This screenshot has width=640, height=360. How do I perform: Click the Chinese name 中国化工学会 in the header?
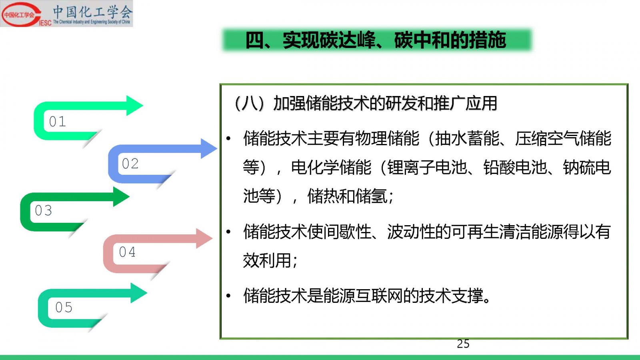pyautogui.click(x=93, y=12)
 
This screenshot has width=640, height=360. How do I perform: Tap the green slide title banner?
pyautogui.click(x=377, y=40)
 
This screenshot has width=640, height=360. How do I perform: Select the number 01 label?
pyautogui.click(x=58, y=122)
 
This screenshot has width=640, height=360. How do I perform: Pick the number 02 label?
pyautogui.click(x=130, y=164)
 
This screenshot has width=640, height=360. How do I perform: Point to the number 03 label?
pyautogui.click(x=44, y=210)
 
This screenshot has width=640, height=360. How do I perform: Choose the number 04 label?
pyautogui.click(x=127, y=252)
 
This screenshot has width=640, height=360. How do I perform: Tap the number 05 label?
pyautogui.click(x=64, y=308)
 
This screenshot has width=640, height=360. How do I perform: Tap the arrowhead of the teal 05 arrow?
pyautogui.click(x=139, y=293)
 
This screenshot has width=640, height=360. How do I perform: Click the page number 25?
pyautogui.click(x=463, y=344)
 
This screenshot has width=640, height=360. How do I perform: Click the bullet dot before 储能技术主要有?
pyautogui.click(x=228, y=139)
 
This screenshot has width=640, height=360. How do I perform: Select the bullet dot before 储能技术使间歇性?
pyautogui.click(x=228, y=232)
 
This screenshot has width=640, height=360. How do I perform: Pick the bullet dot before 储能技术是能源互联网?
pyautogui.click(x=228, y=296)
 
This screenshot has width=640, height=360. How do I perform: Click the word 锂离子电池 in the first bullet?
pyautogui.click(x=427, y=168)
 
